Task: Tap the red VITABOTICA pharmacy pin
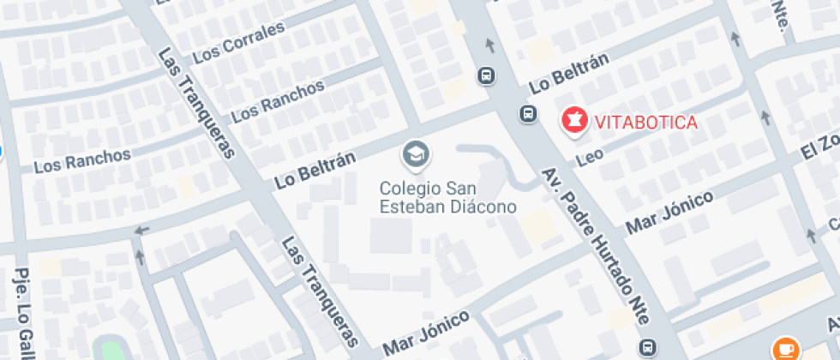click(573, 120)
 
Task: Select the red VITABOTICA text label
click(641, 122)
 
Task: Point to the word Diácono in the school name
click(483, 207)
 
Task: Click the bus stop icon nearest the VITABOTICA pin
click(528, 113)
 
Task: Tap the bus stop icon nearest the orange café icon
click(649, 347)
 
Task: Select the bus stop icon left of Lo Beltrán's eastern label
click(487, 75)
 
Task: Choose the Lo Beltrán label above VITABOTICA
click(568, 73)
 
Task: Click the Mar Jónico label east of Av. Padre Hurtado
click(669, 213)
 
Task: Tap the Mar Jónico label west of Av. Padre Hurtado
click(426, 333)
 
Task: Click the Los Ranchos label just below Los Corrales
click(279, 99)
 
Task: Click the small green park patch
click(110, 351)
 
